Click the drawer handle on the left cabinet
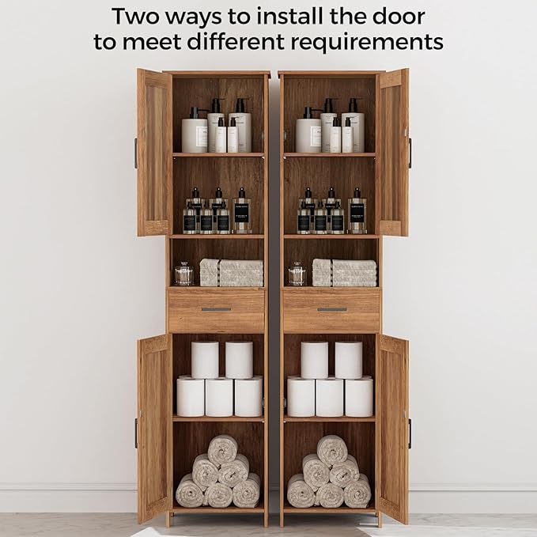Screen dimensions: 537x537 pos(216,309)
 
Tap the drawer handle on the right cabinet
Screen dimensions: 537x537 pos(331,309)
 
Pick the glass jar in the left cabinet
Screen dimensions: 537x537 pos(183,274)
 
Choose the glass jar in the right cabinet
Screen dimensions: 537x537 pos(297,274)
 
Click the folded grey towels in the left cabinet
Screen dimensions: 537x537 pos(230,273)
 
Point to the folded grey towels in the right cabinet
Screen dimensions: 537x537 pos(344,273)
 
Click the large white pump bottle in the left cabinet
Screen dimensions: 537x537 pos(195,132)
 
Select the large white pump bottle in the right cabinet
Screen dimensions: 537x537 pos(308,132)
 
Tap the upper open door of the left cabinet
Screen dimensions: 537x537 pos(154,152)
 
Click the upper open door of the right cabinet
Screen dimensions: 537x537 pos(393,152)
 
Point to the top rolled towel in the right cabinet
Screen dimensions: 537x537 pos(332,450)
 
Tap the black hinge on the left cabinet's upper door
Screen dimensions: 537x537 pos(135,153)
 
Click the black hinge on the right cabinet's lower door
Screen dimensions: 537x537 pos(410,433)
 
